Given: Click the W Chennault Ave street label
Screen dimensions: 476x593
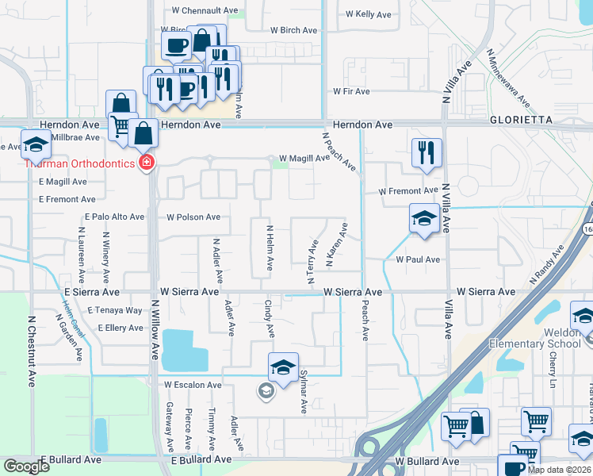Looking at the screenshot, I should point(205,11).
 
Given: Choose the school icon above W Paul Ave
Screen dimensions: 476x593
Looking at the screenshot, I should point(424,219).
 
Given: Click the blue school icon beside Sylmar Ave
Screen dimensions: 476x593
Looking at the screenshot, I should point(282,368).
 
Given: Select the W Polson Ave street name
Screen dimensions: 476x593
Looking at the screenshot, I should point(193,217).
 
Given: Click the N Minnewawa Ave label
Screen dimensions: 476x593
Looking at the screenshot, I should point(508,79).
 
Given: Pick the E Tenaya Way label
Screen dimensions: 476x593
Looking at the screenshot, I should point(115,310).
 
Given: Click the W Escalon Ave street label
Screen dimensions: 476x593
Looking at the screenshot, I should point(193,385).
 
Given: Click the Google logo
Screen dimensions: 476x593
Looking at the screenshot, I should point(26,466).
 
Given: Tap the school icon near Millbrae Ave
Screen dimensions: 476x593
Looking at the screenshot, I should point(36,146).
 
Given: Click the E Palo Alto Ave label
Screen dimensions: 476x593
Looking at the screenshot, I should point(114,217).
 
